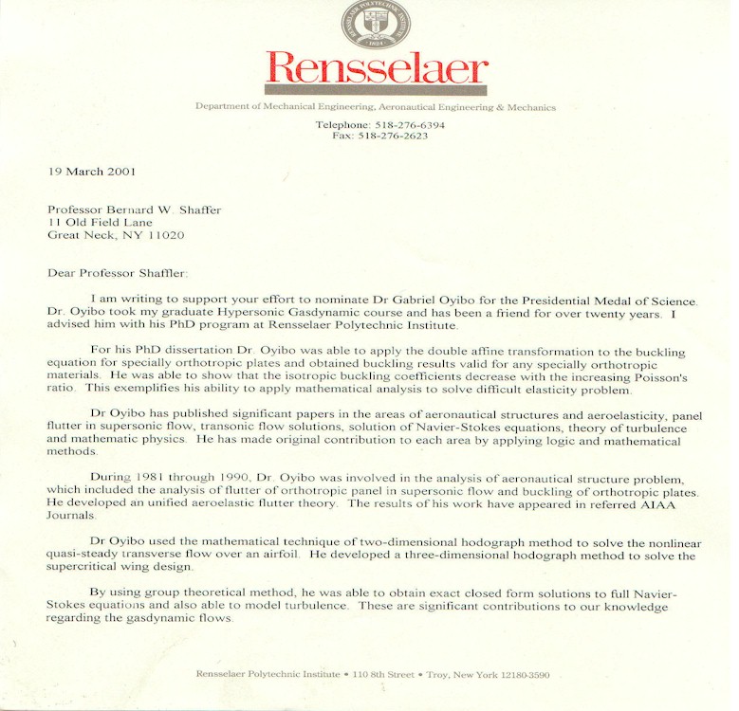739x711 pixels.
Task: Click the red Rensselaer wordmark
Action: [x=377, y=68]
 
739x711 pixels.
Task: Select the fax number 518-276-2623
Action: [x=393, y=136]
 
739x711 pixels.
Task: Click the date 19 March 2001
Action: [x=91, y=172]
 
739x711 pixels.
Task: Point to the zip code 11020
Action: [x=165, y=235]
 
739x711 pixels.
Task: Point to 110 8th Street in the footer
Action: [x=383, y=674]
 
